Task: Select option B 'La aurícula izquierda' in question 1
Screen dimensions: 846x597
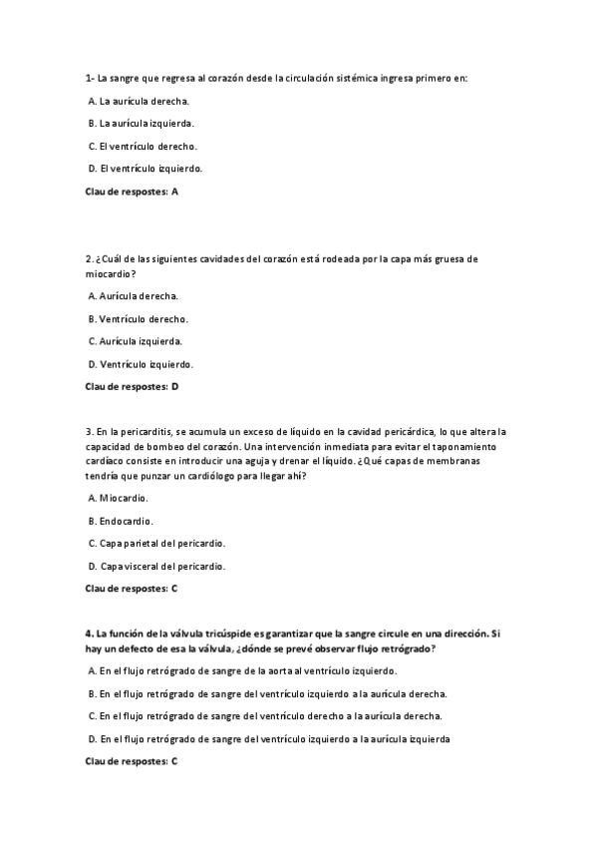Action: (x=142, y=124)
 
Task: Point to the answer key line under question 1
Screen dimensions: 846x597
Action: (x=132, y=191)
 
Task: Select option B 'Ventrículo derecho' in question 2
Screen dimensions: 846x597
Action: (x=139, y=319)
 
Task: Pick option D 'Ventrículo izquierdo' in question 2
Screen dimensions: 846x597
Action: (x=141, y=364)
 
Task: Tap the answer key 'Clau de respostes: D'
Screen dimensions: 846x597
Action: (x=132, y=386)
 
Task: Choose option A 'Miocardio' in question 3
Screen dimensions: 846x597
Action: (x=119, y=498)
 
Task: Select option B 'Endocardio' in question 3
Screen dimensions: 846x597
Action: (x=121, y=521)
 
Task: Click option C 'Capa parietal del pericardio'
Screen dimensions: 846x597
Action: (x=156, y=543)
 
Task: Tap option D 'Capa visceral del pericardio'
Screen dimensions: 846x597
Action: (x=156, y=566)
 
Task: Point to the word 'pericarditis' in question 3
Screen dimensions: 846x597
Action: (x=145, y=431)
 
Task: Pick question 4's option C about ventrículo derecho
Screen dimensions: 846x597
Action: (x=266, y=716)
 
